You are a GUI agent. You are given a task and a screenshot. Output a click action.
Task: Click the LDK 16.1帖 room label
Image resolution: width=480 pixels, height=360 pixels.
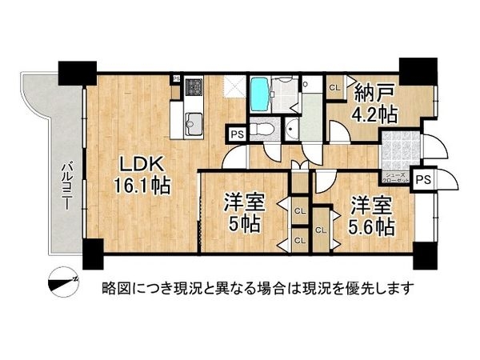tap(144, 175)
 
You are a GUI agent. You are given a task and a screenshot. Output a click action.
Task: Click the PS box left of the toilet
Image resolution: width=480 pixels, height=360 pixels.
tap(237, 134)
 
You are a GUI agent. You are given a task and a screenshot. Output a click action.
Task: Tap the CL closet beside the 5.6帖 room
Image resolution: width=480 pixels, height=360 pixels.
tap(320, 230)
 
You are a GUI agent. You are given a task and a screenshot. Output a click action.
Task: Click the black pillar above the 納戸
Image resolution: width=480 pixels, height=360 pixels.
tap(414, 70)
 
